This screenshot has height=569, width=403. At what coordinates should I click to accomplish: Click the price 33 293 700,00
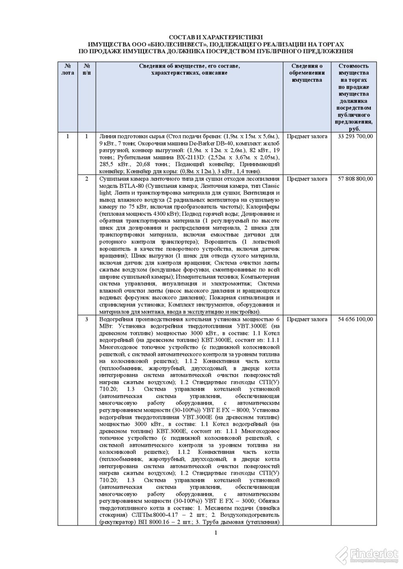tap(355, 136)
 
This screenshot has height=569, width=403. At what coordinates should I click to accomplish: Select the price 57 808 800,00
tap(355, 179)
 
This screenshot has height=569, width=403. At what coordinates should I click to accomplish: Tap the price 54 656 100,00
tap(355, 319)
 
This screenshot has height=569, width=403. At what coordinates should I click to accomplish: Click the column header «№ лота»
tap(68, 70)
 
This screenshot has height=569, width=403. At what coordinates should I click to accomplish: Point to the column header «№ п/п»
tap(87, 70)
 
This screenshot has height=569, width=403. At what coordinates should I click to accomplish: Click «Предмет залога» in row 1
tap(307, 136)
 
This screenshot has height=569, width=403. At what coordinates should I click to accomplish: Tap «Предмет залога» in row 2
tap(307, 179)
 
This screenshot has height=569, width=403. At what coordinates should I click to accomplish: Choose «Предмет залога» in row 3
tap(307, 319)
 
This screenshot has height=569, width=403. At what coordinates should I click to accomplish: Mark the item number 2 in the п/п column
tap(87, 179)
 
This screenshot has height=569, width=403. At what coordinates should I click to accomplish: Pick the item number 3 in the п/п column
tap(87, 319)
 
